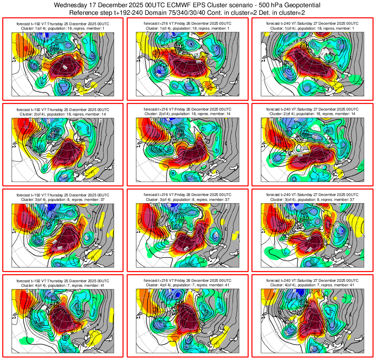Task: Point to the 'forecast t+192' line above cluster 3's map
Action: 63,195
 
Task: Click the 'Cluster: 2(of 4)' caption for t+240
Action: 312,114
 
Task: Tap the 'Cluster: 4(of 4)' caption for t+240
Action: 312,285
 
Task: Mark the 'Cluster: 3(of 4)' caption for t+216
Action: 188,200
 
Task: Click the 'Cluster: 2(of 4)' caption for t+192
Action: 63,114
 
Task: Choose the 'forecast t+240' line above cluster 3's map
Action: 312,195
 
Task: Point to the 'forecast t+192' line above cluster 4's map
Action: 63,280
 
